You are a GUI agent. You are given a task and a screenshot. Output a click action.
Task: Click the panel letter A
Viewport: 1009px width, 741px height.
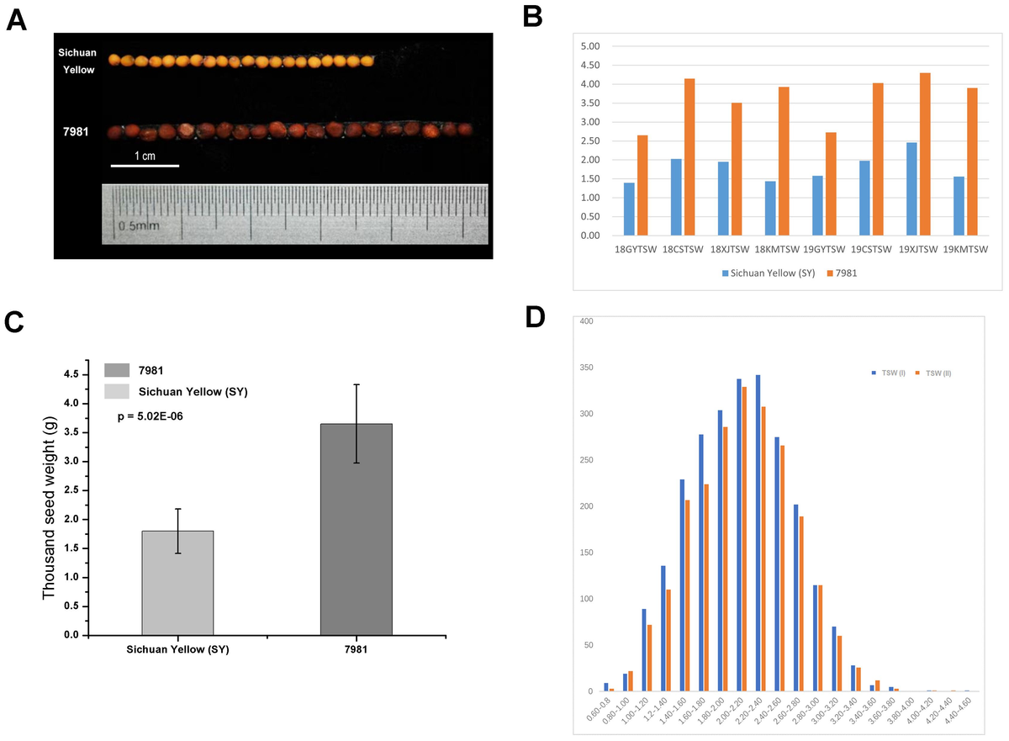tap(17, 18)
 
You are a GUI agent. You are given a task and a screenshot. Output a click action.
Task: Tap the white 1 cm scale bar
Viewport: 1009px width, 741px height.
tap(145, 166)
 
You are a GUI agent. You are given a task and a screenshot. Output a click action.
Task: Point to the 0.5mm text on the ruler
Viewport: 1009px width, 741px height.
tap(137, 226)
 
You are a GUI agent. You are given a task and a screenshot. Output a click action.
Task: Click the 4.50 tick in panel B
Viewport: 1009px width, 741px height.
tap(591, 65)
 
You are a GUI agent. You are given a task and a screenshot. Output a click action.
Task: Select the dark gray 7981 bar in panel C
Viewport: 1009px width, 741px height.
tap(356, 529)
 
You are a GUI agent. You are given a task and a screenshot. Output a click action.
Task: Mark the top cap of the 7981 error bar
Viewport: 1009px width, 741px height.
tap(357, 384)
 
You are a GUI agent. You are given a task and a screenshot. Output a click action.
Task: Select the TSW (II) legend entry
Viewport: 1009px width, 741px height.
tap(934, 371)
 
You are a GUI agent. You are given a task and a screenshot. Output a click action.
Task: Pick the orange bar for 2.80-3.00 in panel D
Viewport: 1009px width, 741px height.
tap(821, 638)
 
